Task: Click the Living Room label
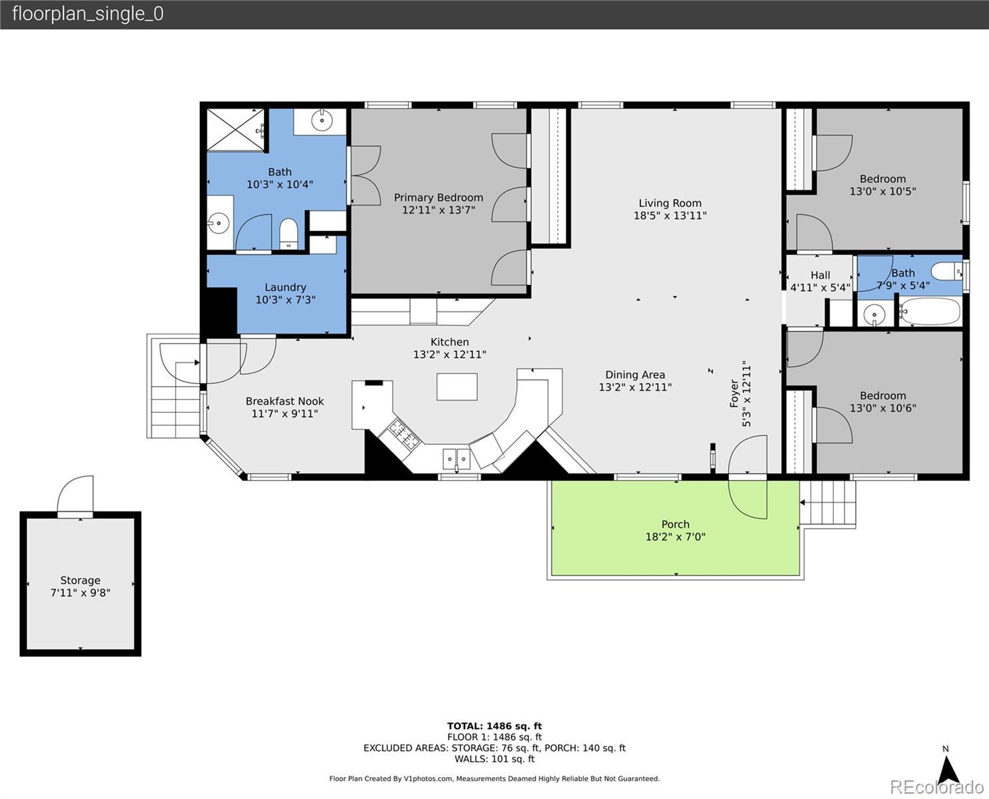click(670, 203)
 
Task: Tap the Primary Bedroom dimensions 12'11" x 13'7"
click(439, 210)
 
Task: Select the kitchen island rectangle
click(457, 387)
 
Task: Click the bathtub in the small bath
click(930, 312)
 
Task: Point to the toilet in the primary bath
click(289, 234)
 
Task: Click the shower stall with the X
click(235, 130)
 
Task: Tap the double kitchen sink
click(456, 459)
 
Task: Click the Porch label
click(676, 525)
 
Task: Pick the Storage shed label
click(81, 580)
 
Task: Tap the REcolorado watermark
click(936, 787)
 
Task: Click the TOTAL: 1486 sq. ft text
click(494, 726)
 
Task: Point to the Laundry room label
click(285, 288)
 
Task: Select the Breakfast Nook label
click(285, 401)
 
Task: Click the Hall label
click(820, 275)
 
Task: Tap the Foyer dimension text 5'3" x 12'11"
click(746, 394)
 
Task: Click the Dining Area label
click(635, 375)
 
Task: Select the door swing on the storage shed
click(75, 494)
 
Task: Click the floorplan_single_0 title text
click(88, 14)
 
